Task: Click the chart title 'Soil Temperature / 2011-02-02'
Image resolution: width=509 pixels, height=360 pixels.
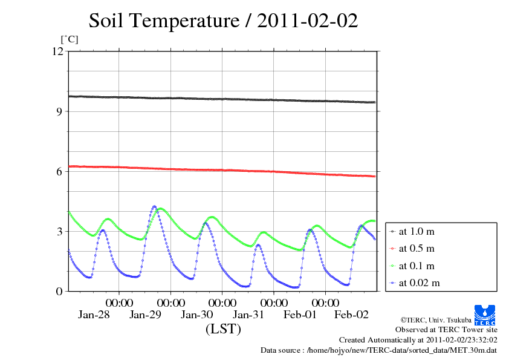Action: [x=223, y=21]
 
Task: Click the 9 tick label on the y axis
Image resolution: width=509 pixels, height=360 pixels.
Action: [x=59, y=111]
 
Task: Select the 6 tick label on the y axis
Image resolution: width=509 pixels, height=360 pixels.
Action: [x=59, y=171]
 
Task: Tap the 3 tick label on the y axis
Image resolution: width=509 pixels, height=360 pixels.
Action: [x=59, y=231]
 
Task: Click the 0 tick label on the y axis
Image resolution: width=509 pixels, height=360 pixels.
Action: [x=59, y=291]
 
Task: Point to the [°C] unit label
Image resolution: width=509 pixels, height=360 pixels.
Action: [x=69, y=39]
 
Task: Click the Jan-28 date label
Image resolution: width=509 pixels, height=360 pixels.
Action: [x=94, y=315]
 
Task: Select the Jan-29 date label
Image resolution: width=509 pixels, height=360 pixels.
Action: [x=146, y=315]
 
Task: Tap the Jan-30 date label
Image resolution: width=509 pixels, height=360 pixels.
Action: [x=197, y=315]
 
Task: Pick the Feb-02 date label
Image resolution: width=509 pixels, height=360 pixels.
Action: [x=352, y=315]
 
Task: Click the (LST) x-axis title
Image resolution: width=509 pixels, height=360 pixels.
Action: [x=223, y=330]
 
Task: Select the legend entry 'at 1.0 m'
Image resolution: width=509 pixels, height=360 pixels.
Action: [x=417, y=231]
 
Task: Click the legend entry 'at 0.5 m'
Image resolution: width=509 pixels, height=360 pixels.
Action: [x=417, y=248]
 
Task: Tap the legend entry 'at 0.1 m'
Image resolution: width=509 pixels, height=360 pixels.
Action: [x=417, y=266]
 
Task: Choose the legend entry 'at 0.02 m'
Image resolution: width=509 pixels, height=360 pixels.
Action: [x=419, y=283]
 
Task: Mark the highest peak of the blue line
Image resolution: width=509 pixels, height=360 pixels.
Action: [x=154, y=206]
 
